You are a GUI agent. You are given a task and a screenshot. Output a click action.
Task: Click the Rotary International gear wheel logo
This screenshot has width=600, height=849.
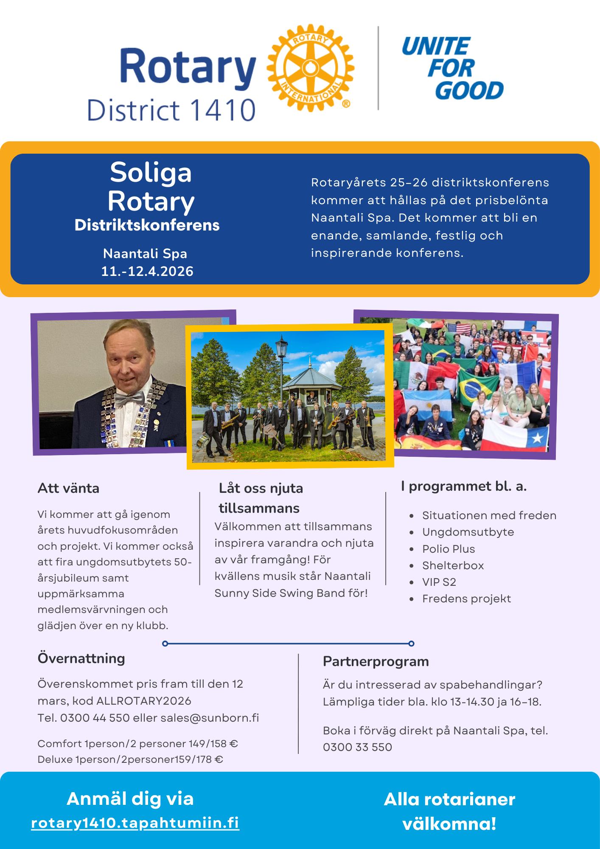(x=310, y=68)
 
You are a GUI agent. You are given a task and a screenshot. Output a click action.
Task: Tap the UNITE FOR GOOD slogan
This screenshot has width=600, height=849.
(x=452, y=68)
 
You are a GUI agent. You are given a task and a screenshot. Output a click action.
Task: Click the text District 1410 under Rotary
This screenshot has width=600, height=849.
(x=171, y=110)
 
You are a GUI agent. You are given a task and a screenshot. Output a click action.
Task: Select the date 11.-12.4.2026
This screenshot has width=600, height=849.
(x=147, y=271)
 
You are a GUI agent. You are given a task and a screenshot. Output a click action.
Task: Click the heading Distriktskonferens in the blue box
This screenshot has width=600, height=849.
(x=147, y=225)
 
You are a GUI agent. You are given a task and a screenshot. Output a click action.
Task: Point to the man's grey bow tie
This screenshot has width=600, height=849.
(x=129, y=399)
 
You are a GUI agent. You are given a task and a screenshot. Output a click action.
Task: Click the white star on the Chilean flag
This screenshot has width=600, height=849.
(x=537, y=438)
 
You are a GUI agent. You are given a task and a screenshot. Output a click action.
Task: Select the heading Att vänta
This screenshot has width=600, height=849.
(x=68, y=488)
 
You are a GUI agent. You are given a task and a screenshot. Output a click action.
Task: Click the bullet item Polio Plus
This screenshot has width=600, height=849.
(x=449, y=549)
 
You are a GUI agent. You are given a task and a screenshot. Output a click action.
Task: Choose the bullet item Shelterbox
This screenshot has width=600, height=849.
(x=453, y=565)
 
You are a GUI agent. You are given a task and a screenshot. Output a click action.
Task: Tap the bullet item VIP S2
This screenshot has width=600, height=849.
(x=439, y=582)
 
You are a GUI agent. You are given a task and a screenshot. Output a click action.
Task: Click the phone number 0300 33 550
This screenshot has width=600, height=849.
(x=357, y=747)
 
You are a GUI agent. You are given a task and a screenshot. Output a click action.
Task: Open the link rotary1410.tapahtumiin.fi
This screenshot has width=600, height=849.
(x=135, y=823)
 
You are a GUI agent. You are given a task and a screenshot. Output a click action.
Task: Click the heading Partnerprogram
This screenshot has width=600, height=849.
(x=376, y=661)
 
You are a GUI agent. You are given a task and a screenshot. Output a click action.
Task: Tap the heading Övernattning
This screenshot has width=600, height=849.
(x=81, y=658)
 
